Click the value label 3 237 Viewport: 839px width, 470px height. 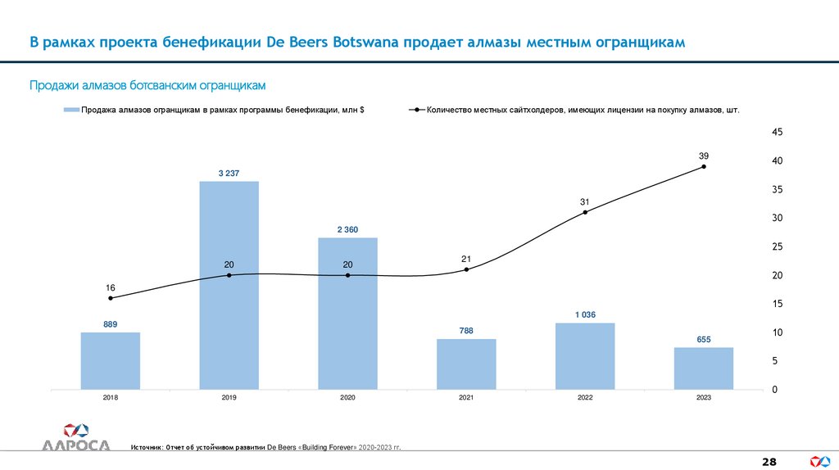click(229, 173)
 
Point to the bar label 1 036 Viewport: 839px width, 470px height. click(584, 314)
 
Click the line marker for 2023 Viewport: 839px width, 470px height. click(703, 167)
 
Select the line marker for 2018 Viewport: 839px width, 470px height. click(111, 298)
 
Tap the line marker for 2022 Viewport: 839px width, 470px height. click(584, 212)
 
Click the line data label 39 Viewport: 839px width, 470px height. click(703, 156)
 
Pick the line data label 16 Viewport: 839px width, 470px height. click(111, 287)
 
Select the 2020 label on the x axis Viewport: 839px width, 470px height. click(347, 398)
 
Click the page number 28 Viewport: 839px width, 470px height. click(769, 462)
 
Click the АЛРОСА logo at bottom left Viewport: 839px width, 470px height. click(75, 438)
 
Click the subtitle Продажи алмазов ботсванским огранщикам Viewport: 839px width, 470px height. click(148, 85)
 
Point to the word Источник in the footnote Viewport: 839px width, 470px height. click(147, 448)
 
